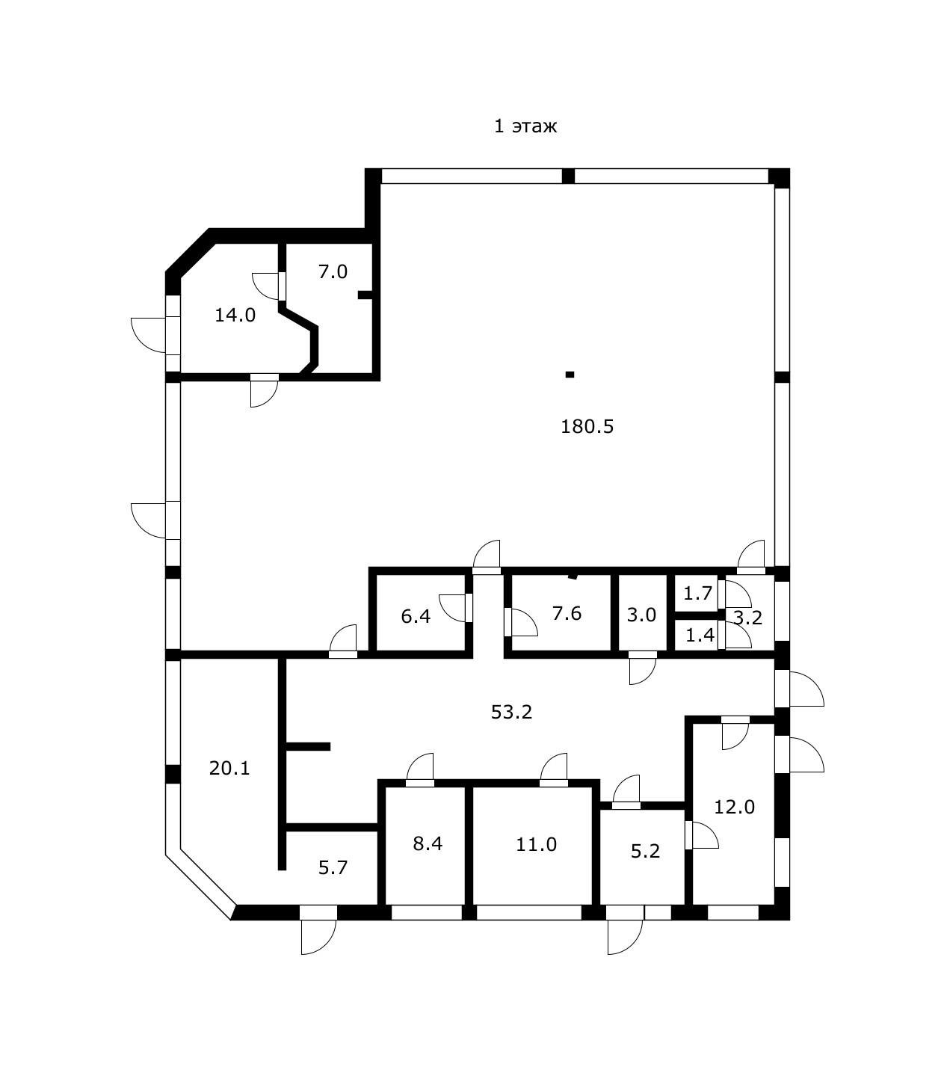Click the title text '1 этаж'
tap(525, 126)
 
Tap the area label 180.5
tap(587, 426)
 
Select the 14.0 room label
tap(235, 315)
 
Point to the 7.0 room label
tap(333, 271)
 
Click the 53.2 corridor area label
tap(511, 712)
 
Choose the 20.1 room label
tap(229, 768)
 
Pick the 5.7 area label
tap(333, 867)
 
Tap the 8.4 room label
tap(428, 843)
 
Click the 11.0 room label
tap(536, 844)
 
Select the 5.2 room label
tap(645, 851)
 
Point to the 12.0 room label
tap(734, 807)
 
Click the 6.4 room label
tap(416, 617)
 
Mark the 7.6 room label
tap(567, 613)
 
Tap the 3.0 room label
tap(641, 615)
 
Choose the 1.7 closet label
tap(698, 594)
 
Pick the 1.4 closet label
tap(700, 636)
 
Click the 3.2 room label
tap(747, 618)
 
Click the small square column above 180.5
tap(570, 375)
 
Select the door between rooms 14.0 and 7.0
tap(282, 285)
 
